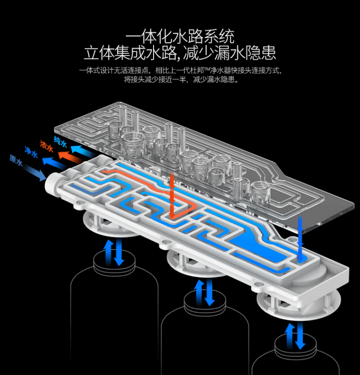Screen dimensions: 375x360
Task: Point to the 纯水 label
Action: (x=60, y=141)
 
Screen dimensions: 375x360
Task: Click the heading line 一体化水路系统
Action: (x=180, y=36)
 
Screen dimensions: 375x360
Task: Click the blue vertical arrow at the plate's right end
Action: (x=300, y=237)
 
